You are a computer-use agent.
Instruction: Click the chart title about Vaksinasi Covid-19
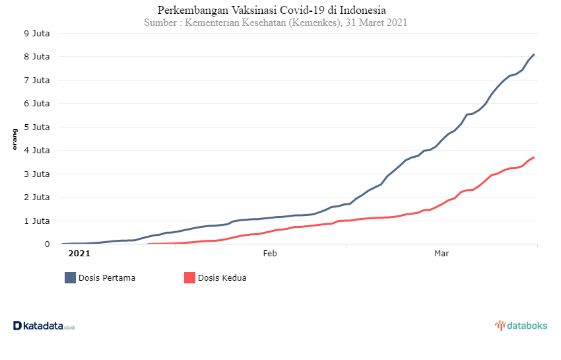coord(272,10)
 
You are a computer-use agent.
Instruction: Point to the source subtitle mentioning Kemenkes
coord(275,22)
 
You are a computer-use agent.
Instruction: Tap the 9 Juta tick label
coord(36,33)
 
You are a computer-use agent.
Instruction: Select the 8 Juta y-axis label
coord(36,57)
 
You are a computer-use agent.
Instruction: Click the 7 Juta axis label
coord(36,81)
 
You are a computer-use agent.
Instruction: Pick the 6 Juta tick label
coord(36,104)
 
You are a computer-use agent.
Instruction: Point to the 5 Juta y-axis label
coord(36,127)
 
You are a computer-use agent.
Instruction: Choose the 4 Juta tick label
coord(36,151)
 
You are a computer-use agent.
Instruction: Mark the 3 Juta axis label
coord(36,174)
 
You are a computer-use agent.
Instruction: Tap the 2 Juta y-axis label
coord(36,198)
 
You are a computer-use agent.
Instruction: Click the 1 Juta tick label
coord(36,221)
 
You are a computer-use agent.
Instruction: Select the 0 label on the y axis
coord(47,244)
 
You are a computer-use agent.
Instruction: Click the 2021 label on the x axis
coord(79,253)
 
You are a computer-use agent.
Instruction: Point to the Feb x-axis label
coord(270,253)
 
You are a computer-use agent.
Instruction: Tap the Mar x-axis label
coord(442,253)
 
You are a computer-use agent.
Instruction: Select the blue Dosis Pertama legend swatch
coord(70,277)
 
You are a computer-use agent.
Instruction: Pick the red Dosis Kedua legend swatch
coord(189,277)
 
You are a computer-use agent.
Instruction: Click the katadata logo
coord(44,326)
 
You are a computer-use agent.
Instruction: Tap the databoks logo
coord(521,326)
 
